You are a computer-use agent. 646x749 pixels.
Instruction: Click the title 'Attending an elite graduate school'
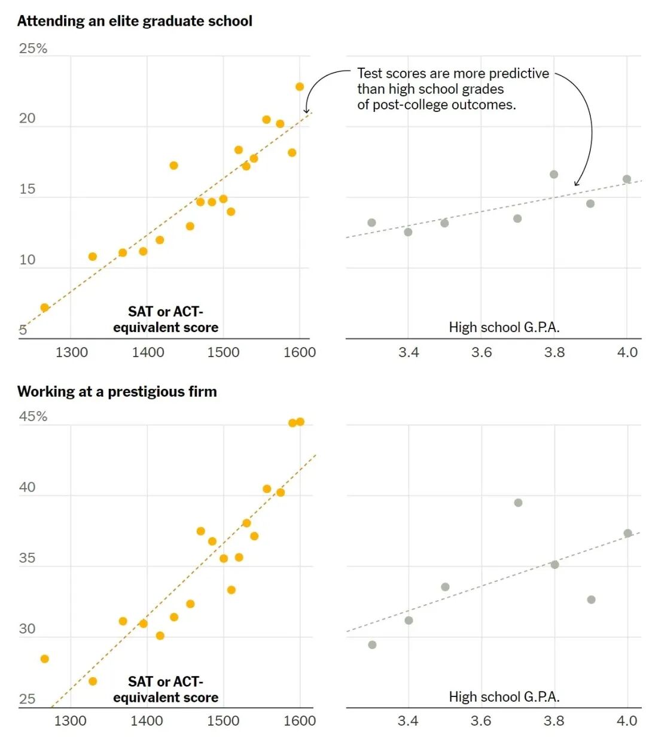pyautogui.click(x=135, y=21)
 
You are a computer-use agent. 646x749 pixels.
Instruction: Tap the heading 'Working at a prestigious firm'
pyautogui.click(x=117, y=392)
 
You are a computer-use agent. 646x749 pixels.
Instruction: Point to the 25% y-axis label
pyautogui.click(x=33, y=48)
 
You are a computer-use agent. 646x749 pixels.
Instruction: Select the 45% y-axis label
pyautogui.click(x=33, y=416)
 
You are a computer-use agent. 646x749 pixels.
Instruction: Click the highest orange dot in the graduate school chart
pyautogui.click(x=300, y=87)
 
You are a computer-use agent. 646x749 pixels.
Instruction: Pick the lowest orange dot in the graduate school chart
pyautogui.click(x=44, y=307)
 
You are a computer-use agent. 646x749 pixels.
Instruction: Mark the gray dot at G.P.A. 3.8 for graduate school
pyautogui.click(x=554, y=175)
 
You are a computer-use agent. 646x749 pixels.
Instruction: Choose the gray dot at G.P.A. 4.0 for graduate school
pyautogui.click(x=627, y=179)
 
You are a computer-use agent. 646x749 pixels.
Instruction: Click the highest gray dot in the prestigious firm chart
pyautogui.click(x=518, y=503)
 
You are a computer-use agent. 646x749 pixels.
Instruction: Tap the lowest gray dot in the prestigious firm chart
pyautogui.click(x=372, y=645)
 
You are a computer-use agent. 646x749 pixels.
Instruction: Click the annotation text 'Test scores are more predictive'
pyautogui.click(x=453, y=74)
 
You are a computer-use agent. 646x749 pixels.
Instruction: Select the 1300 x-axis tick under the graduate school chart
pyautogui.click(x=71, y=352)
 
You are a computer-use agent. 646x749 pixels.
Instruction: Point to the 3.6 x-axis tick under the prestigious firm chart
pyautogui.click(x=481, y=721)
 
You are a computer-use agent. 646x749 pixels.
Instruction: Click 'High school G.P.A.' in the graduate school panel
pyautogui.click(x=504, y=327)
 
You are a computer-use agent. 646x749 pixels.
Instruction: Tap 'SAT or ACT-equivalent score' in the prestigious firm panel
pyautogui.click(x=166, y=690)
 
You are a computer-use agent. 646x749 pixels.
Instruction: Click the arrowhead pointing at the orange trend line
pyautogui.click(x=306, y=111)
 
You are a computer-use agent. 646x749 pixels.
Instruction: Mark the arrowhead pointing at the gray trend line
pyautogui.click(x=577, y=183)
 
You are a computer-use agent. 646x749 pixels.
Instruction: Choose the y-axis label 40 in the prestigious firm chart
pyautogui.click(x=28, y=488)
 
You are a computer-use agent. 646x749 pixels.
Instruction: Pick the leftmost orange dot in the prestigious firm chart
pyautogui.click(x=44, y=659)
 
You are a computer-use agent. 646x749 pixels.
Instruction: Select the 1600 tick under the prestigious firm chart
pyautogui.click(x=300, y=721)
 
